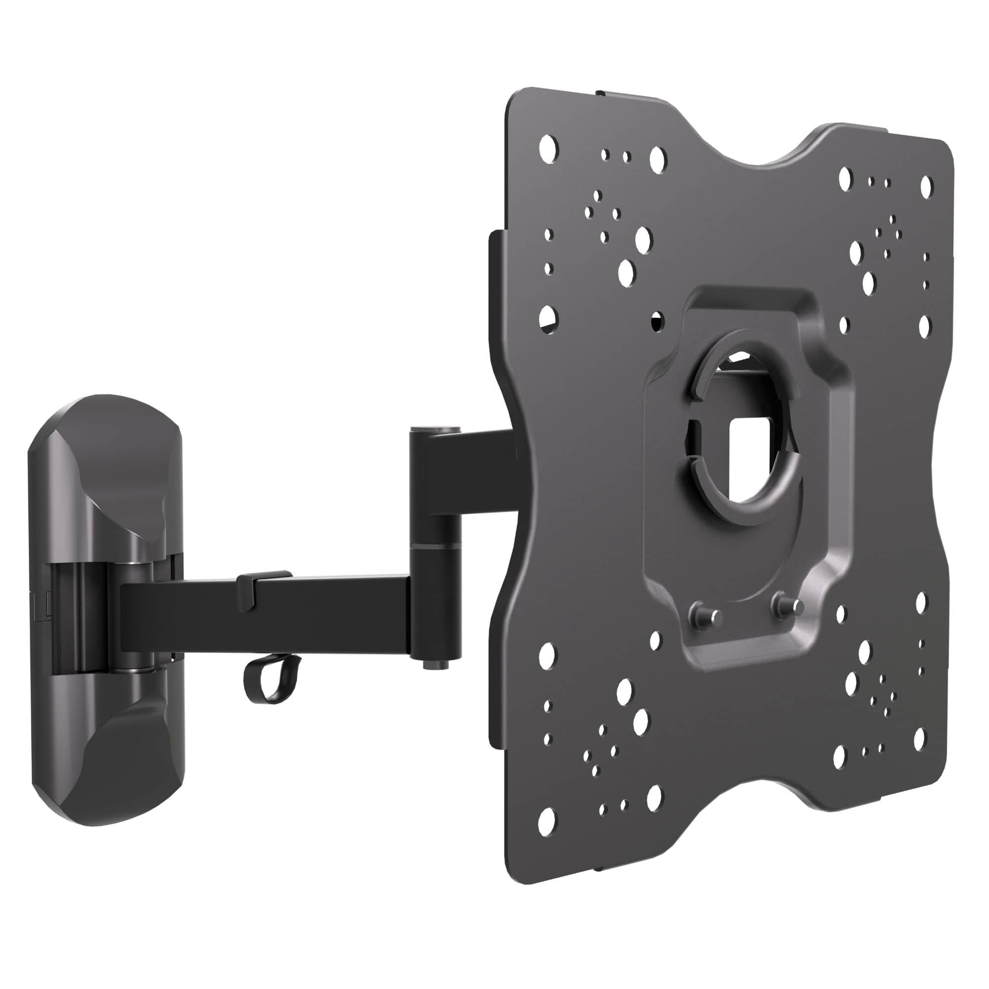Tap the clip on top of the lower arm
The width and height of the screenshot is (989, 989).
click(264, 579)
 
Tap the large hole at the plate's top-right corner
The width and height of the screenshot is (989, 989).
click(926, 187)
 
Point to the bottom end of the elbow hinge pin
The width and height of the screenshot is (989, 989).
click(435, 664)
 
